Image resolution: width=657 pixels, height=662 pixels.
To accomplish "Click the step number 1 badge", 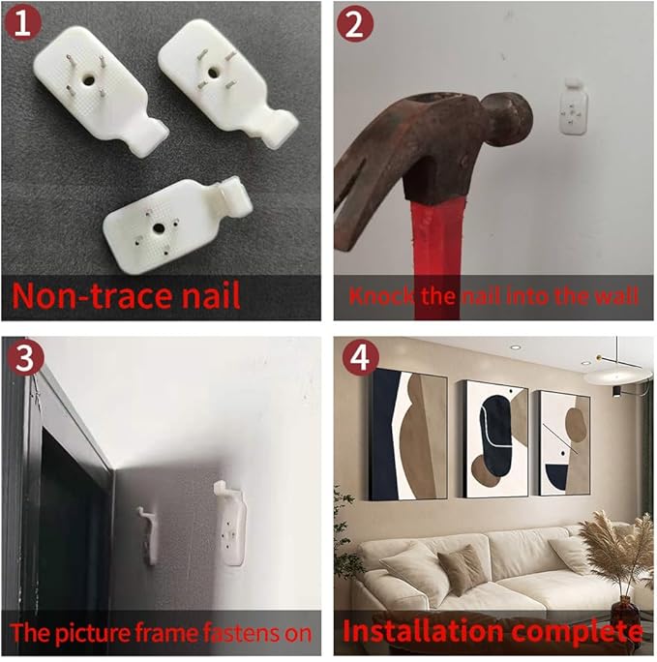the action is pos(22,23).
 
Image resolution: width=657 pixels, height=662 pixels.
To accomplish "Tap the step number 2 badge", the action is pos(355,23).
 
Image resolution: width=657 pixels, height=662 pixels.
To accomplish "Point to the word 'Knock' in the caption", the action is pos(381,296).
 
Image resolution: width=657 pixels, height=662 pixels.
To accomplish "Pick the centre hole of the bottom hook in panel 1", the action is pos(159,228).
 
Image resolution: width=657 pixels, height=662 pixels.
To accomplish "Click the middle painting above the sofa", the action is pos(495,438).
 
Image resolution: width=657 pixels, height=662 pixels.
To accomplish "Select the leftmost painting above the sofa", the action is pos(408,434).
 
